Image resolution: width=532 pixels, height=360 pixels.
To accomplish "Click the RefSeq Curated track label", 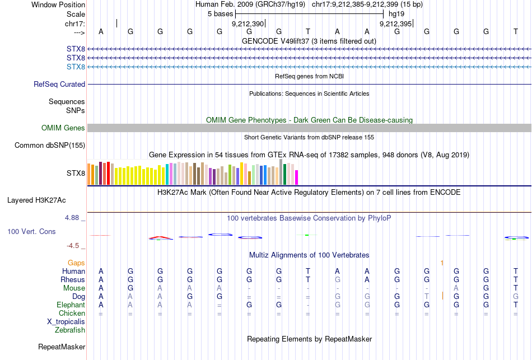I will click(x=59, y=85).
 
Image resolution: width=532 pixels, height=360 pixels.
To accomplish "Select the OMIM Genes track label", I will click(x=63, y=128).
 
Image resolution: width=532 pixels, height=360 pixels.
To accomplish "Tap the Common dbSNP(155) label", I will click(x=50, y=146).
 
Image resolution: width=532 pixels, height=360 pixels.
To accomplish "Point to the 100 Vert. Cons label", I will click(x=31, y=231).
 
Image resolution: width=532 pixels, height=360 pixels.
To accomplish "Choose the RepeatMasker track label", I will click(x=62, y=347).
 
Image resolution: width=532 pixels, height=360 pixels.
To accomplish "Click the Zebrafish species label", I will click(x=70, y=330).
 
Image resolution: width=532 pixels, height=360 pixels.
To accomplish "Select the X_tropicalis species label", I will click(x=66, y=322).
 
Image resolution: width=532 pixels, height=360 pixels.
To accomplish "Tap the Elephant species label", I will click(x=71, y=305).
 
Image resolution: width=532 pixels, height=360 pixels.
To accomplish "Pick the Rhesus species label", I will click(x=73, y=280).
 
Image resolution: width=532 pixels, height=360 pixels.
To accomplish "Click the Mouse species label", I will click(x=74, y=288).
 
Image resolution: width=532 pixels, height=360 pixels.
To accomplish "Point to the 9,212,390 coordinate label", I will click(x=248, y=24).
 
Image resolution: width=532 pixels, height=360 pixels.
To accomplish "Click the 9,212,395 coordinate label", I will click(x=396, y=24).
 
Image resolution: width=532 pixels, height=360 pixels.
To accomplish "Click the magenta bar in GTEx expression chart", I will click(x=296, y=177).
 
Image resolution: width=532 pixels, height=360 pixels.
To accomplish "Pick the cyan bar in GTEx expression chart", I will click(x=167, y=174).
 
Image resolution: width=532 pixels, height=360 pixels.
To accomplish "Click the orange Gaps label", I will click(x=76, y=263).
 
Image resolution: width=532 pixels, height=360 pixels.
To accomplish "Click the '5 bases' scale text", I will click(x=220, y=13).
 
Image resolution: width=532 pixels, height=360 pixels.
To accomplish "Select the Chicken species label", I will click(x=72, y=314).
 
